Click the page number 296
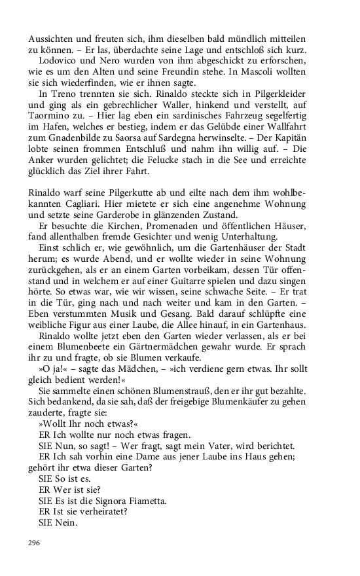pyautogui.click(x=35, y=543)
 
